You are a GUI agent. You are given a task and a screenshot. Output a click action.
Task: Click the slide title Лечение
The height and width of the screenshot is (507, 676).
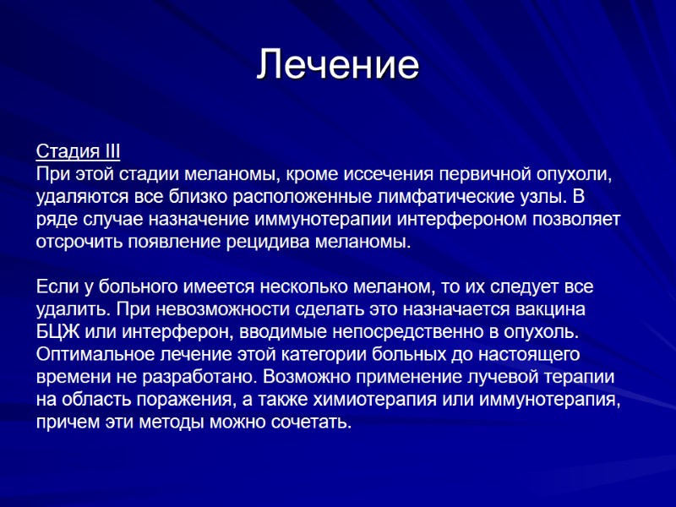[338, 65]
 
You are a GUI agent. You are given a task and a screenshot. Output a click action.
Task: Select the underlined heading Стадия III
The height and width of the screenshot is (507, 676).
[79, 152]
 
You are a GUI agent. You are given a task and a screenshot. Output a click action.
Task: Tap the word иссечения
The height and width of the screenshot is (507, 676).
[387, 175]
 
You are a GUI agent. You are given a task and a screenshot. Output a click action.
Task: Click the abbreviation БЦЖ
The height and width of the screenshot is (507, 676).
[54, 330]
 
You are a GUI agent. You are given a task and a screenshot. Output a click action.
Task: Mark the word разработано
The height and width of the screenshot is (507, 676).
[199, 375]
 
